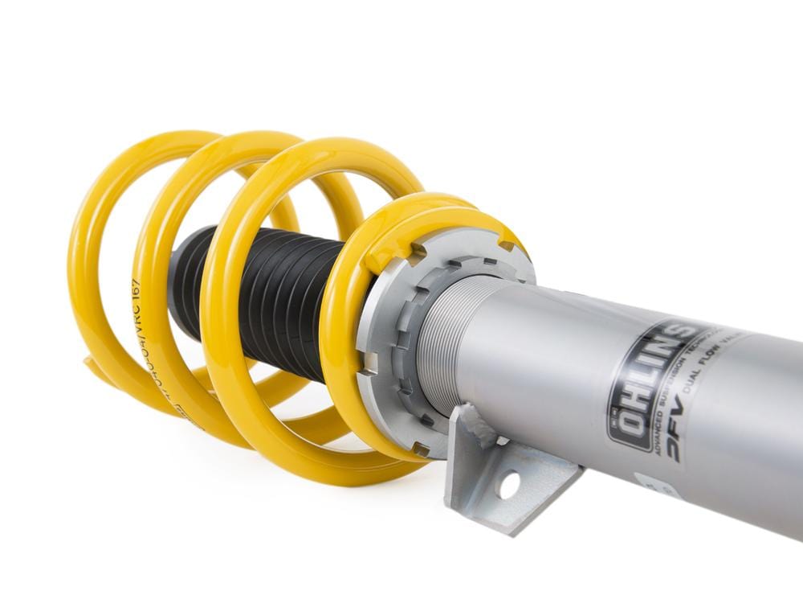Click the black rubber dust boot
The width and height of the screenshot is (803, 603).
coord(273,297)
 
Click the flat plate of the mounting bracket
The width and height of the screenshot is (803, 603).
coord(514,490)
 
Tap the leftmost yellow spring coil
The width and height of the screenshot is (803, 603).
coord(80,265)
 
